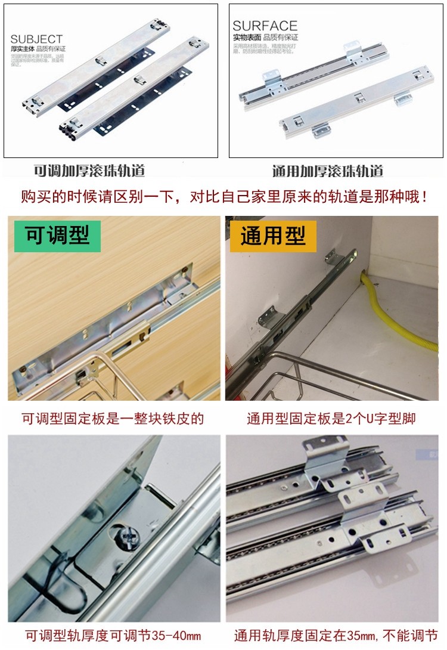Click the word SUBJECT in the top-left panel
coord(36,39)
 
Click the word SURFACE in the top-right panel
coord(265,26)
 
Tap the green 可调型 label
coord(57,236)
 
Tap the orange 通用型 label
coord(273,236)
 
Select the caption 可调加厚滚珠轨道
coord(89,171)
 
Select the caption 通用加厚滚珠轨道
coord(328,171)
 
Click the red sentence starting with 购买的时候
coord(223,196)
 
